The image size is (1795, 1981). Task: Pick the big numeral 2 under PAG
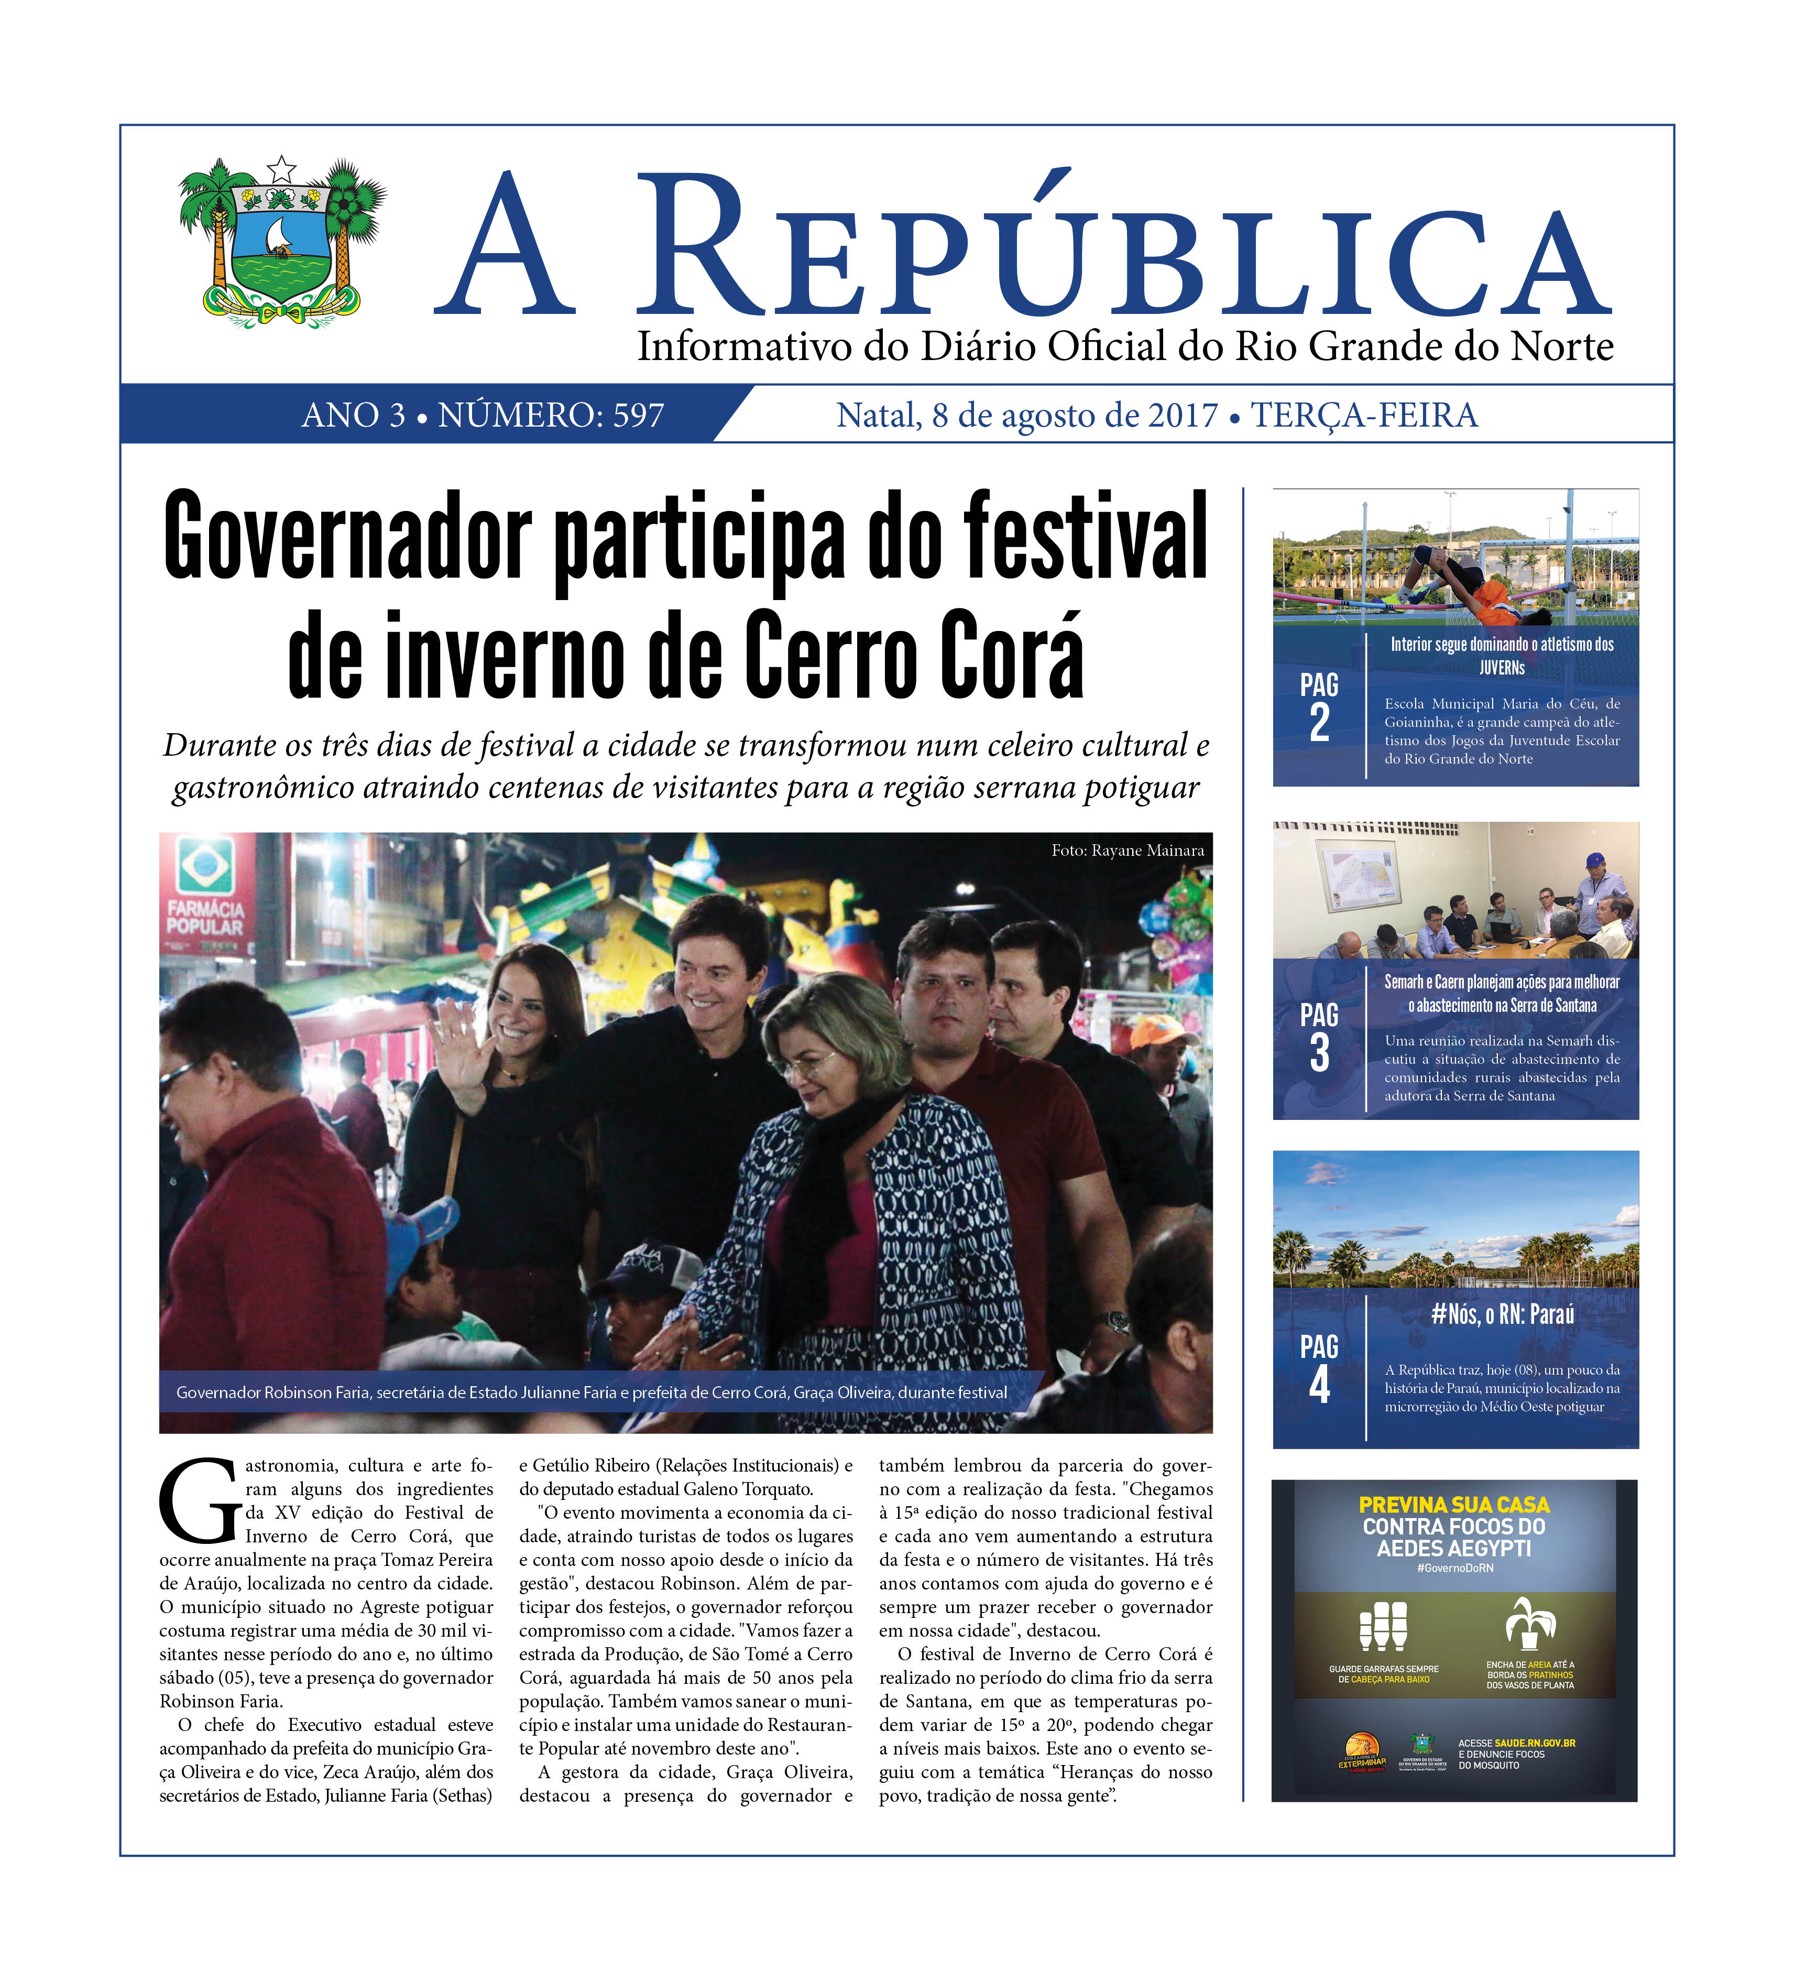click(x=1319, y=723)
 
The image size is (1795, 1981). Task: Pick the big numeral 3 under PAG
click(x=1319, y=1053)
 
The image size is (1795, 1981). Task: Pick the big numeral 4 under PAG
click(x=1319, y=1386)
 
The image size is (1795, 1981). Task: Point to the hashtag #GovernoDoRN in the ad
click(x=1454, y=1568)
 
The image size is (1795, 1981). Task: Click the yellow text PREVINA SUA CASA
click(x=1454, y=1505)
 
